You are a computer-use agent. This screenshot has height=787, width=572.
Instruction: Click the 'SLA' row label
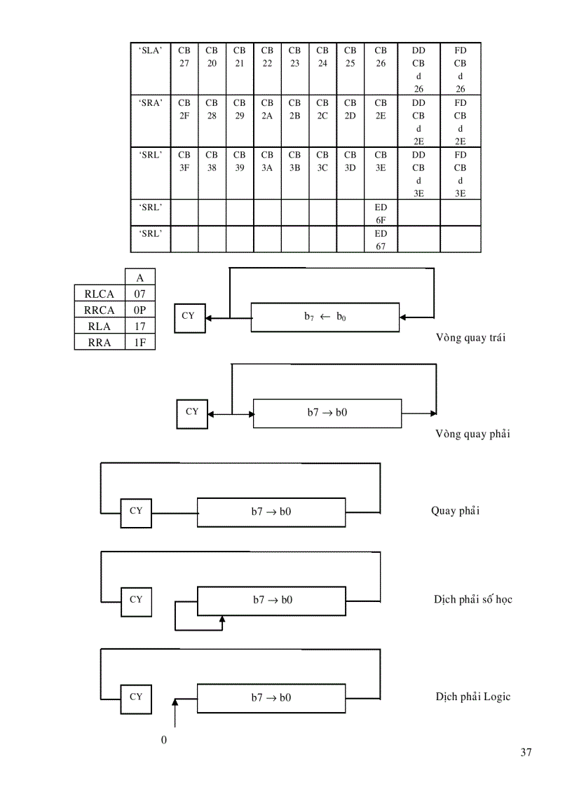(x=151, y=50)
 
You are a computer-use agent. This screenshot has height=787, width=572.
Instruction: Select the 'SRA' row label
(x=151, y=102)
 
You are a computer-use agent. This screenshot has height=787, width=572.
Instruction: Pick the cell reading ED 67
(x=381, y=240)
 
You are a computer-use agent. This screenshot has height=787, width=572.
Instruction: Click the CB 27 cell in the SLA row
(x=184, y=57)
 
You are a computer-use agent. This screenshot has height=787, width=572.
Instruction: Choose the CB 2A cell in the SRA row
(x=267, y=109)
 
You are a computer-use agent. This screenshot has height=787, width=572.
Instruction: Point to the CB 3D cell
(x=350, y=161)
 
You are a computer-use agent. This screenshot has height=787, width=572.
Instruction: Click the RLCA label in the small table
(x=100, y=294)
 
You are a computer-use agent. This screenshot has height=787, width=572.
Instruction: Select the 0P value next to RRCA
(x=139, y=310)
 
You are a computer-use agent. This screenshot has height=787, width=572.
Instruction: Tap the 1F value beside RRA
(x=139, y=343)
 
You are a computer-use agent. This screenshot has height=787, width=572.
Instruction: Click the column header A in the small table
(x=139, y=278)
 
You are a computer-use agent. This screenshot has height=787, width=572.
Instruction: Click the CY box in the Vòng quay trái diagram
(x=189, y=317)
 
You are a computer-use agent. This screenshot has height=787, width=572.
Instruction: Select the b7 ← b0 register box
(x=325, y=317)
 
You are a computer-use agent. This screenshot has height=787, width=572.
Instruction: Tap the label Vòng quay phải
(x=472, y=434)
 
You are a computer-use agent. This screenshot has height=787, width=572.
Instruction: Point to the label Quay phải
(x=455, y=510)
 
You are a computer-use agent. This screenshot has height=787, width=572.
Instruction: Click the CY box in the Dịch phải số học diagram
(x=136, y=600)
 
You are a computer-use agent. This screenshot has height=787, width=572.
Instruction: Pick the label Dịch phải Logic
(x=472, y=697)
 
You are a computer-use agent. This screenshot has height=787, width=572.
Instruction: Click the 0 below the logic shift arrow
(x=164, y=740)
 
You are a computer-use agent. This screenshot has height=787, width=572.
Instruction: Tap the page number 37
(x=526, y=753)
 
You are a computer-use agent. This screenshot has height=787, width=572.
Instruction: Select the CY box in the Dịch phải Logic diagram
(x=136, y=697)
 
